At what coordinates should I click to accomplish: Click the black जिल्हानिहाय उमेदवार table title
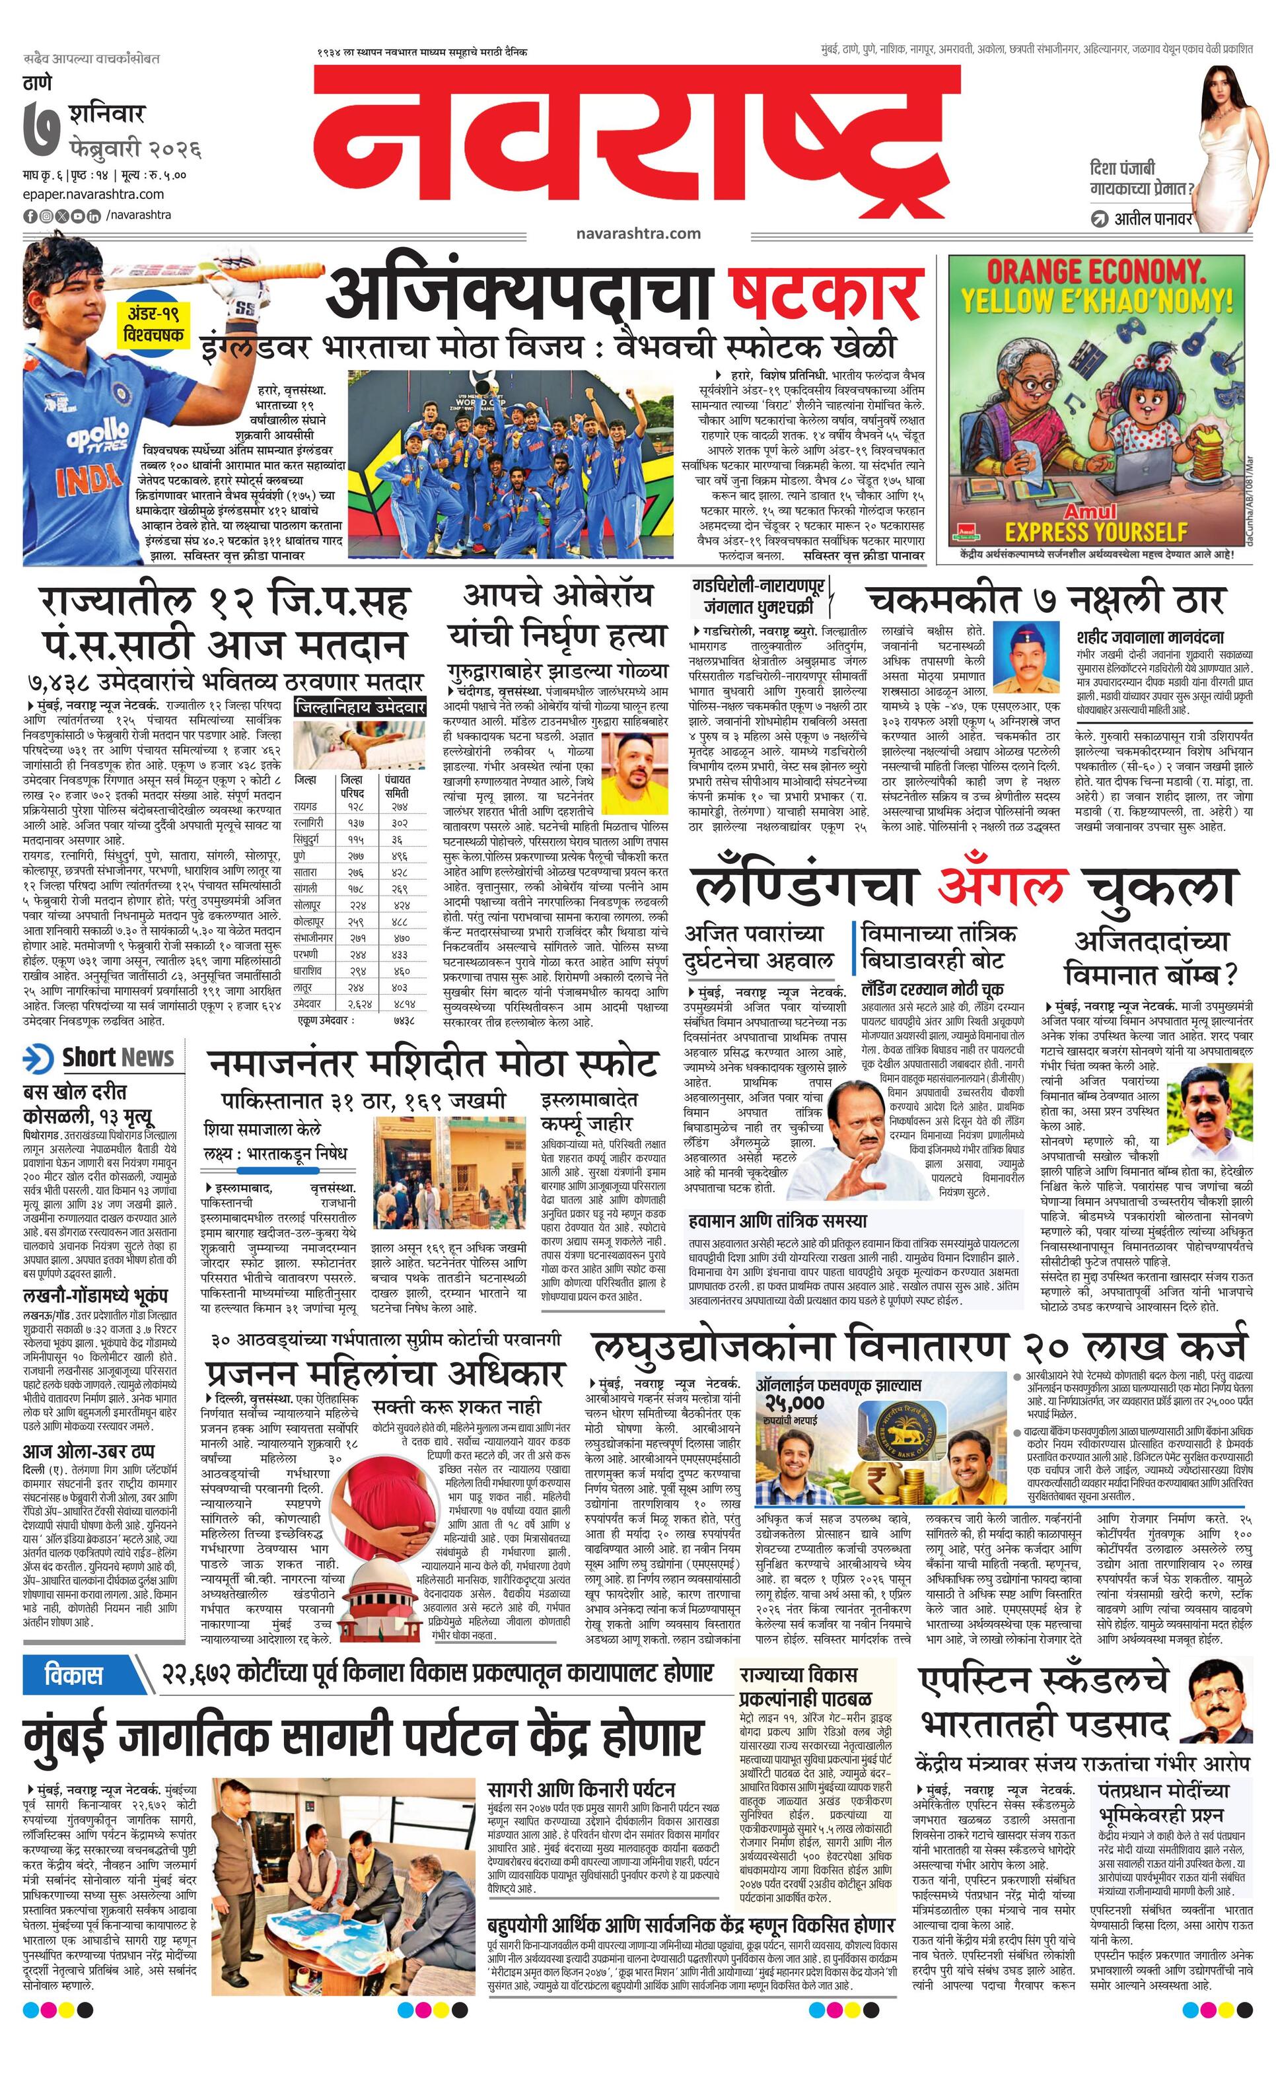tap(359, 707)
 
